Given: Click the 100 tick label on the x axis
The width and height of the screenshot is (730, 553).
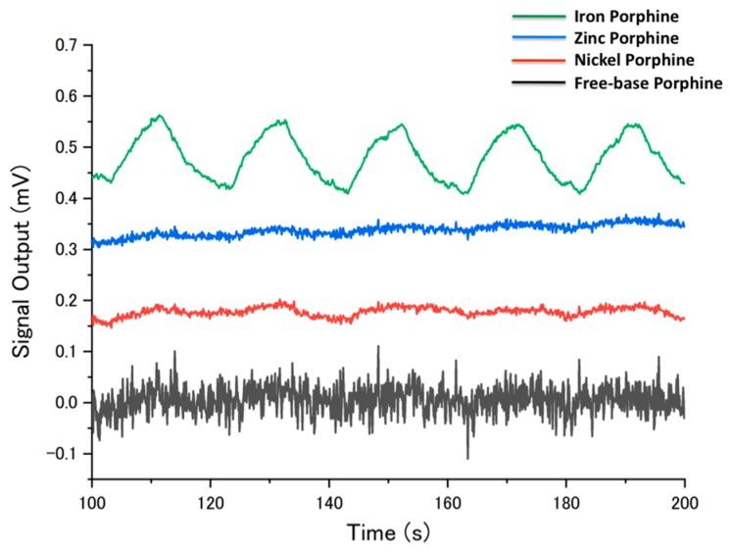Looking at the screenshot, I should click(92, 498).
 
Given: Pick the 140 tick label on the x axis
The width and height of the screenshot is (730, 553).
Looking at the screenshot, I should click(329, 498).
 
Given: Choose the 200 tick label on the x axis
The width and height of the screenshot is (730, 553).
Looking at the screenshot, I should click(685, 498).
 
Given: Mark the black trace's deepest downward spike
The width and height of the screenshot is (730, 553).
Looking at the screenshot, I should click(467, 458).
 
